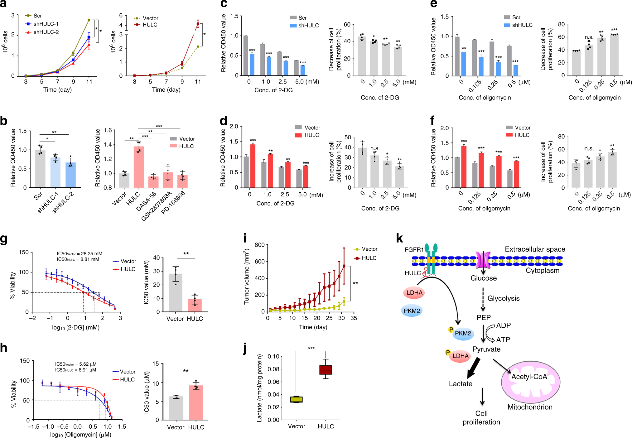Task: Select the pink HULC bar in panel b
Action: tap(139, 167)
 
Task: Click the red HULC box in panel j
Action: tap(326, 370)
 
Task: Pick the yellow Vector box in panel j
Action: tap(296, 399)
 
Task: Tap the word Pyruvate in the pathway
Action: tap(486, 349)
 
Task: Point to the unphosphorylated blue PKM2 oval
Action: tap(412, 311)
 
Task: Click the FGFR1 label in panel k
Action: tap(414, 250)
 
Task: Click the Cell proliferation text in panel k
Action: tap(481, 418)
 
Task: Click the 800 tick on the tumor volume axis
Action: tap(259, 245)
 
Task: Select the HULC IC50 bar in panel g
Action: tap(195, 305)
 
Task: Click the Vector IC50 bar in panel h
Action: tap(176, 408)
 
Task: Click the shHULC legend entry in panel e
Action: tap(522, 25)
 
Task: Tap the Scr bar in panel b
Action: tap(40, 168)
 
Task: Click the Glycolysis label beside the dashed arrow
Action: tap(503, 298)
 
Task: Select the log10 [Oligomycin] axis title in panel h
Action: tap(80, 435)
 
